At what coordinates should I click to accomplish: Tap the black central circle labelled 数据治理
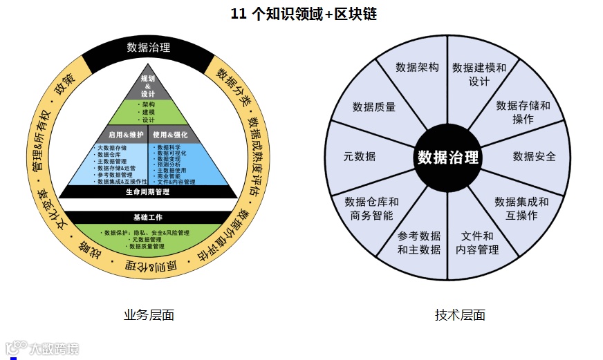point(447,157)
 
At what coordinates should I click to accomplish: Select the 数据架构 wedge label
point(417,67)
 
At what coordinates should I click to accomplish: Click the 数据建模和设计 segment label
point(479,75)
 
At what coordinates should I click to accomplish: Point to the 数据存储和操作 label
point(523,112)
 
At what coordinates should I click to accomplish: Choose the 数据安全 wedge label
point(534,156)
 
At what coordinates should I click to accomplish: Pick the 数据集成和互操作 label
point(521,209)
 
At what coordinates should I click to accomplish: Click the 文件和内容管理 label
point(477,243)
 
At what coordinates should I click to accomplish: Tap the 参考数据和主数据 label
point(419,243)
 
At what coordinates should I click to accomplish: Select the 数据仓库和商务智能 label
point(371,209)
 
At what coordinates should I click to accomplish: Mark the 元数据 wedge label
point(360,156)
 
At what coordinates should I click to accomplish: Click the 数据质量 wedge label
point(374,107)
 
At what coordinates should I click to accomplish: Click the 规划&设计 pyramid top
point(148,86)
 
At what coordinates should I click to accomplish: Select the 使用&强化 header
point(170,134)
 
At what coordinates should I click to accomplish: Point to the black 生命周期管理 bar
point(148,192)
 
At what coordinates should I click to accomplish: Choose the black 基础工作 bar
point(148,217)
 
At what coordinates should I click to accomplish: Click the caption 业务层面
point(149,315)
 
